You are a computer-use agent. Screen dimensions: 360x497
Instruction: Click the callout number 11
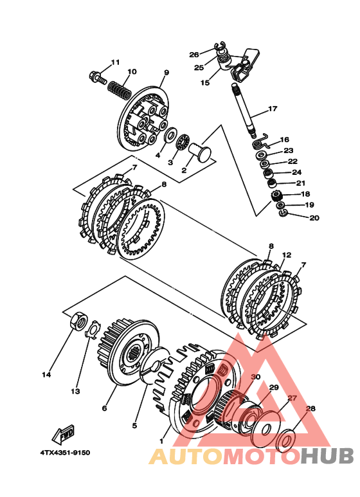pyautogui.click(x=115, y=62)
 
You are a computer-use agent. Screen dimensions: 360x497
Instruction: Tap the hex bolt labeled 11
pyautogui.click(x=98, y=77)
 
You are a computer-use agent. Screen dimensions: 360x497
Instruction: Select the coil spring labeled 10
pyautogui.click(x=120, y=89)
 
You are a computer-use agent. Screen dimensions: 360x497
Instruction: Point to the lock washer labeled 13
pyautogui.click(x=93, y=330)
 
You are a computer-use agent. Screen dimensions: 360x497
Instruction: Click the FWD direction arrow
pyautogui.click(x=64, y=434)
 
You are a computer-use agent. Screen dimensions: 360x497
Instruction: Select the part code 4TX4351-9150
pyautogui.click(x=65, y=453)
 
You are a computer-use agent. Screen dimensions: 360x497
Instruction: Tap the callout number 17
pyautogui.click(x=273, y=109)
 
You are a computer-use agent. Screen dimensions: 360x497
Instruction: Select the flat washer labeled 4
pyautogui.click(x=170, y=134)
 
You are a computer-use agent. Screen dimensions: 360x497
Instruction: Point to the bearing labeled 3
pyautogui.click(x=183, y=143)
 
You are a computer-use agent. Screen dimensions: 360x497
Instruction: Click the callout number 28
pyautogui.click(x=310, y=408)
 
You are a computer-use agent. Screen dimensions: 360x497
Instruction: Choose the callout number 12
pyautogui.click(x=287, y=255)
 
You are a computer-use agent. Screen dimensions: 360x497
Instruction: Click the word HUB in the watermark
pyautogui.click(x=327, y=456)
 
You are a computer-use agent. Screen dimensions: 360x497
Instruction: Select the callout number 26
pyautogui.click(x=194, y=55)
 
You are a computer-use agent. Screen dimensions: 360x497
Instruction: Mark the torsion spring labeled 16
pyautogui.click(x=262, y=141)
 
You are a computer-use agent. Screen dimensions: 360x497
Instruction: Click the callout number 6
pyautogui.click(x=104, y=408)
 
